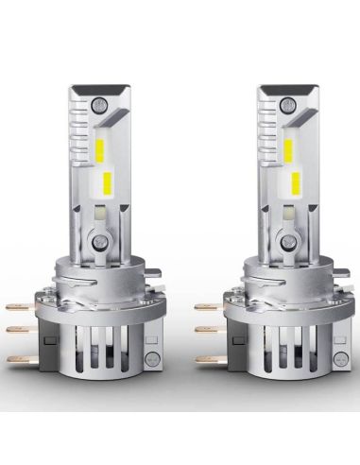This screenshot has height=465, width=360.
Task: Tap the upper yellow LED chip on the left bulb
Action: click(103, 145)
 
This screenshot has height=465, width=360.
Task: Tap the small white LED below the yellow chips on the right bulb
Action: click(283, 215)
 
